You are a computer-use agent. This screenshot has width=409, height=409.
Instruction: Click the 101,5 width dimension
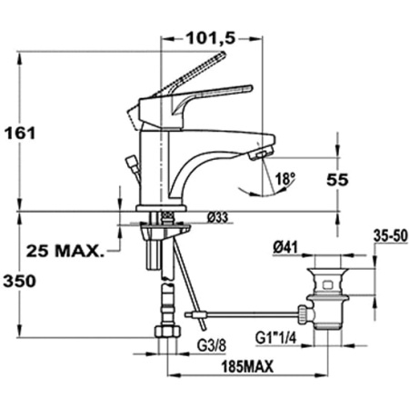point(211,38)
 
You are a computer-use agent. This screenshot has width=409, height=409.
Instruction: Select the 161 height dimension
point(20,133)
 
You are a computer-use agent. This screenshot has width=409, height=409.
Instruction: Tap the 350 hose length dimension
point(19,281)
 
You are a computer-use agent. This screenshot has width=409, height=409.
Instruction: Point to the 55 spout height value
point(337,180)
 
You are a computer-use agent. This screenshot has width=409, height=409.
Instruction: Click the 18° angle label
point(285,178)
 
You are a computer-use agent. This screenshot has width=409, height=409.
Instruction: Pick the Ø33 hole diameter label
point(217,217)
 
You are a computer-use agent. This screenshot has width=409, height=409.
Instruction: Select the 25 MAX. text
point(65,251)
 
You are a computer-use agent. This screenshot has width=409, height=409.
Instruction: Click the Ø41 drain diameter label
point(285,248)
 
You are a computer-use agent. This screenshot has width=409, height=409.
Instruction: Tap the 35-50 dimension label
point(391,236)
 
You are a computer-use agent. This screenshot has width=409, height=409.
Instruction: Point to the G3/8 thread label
point(212,346)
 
